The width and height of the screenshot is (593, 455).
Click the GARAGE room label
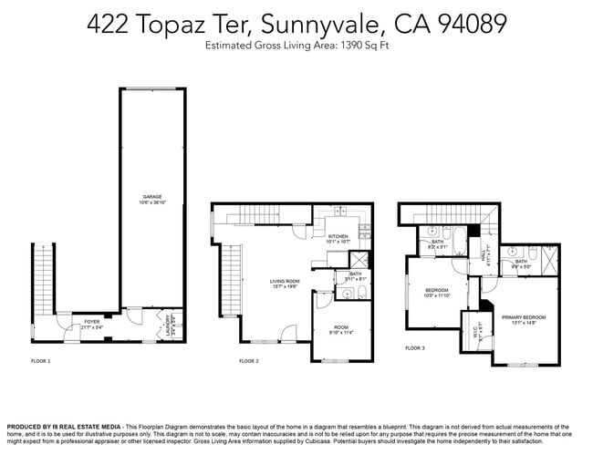pos(151,196)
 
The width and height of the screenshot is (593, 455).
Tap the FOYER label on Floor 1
pos(92,322)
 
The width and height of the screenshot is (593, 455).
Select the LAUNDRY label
pos(167,324)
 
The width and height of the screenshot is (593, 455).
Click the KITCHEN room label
pos(338,236)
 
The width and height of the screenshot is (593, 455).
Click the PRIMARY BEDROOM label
pos(518,316)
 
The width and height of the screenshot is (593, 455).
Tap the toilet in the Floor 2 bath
pos(362,293)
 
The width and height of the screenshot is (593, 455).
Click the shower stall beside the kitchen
pos(359,260)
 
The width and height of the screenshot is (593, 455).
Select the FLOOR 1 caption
pos(41,362)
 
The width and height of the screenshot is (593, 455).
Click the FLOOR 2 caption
pos(249,362)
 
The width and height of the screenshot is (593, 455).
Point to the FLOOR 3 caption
pos(415,347)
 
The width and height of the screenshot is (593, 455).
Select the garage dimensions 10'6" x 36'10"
pos(151,202)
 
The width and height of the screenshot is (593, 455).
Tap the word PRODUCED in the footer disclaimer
pos(27,427)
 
